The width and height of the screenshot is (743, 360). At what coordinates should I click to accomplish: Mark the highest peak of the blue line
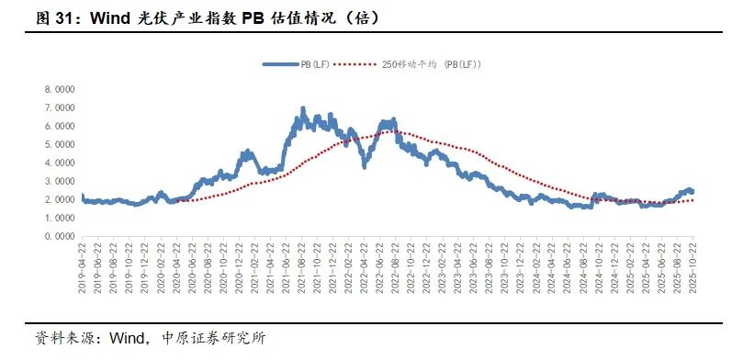click(x=303, y=109)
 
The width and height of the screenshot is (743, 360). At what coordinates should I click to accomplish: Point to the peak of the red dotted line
click(x=390, y=131)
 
